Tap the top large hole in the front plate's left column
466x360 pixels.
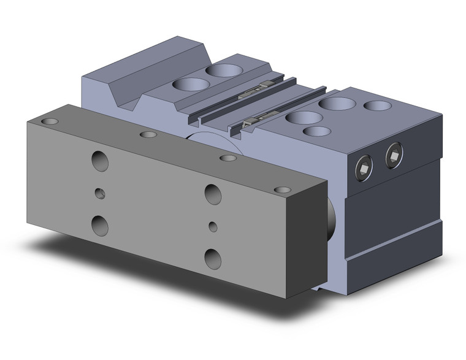click(x=100, y=161)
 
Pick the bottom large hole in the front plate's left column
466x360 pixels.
click(x=99, y=225)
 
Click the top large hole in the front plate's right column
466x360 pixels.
click(x=213, y=194)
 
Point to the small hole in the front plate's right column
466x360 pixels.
click(x=213, y=226)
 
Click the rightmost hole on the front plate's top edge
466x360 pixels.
click(x=282, y=190)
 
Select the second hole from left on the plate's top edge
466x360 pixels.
click(x=148, y=135)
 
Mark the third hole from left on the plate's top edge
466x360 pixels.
click(x=228, y=158)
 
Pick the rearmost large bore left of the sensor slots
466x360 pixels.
click(x=224, y=70)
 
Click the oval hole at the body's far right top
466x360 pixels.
click(x=378, y=105)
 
